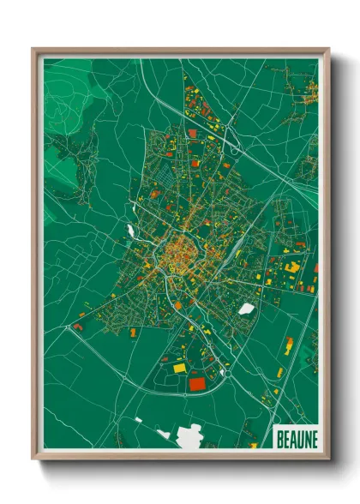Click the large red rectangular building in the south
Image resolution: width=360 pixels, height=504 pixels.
198,383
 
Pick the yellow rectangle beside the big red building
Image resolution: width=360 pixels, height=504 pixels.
179,368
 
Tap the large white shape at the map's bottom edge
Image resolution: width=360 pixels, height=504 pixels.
189,437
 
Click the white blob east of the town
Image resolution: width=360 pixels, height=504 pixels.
247,309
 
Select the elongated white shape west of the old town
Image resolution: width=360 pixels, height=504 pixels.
130,231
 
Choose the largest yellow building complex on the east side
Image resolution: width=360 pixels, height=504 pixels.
292,267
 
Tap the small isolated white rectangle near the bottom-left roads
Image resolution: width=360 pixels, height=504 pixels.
138,420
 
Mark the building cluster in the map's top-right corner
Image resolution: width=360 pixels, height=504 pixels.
304,94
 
